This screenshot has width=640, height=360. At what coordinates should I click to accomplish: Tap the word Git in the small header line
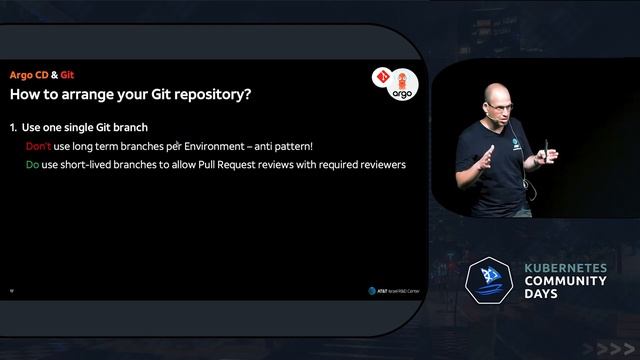(67, 75)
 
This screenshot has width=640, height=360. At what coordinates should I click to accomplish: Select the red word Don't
(38, 146)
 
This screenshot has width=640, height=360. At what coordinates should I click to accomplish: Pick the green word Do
(32, 164)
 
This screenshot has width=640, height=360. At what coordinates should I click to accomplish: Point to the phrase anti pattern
(282, 146)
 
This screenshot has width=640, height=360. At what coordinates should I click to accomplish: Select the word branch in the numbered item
(128, 128)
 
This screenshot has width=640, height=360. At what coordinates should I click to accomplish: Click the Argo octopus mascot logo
(401, 83)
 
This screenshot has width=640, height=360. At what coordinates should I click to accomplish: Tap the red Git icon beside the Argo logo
(380, 76)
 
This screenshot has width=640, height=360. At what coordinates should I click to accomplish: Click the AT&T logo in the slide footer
(372, 291)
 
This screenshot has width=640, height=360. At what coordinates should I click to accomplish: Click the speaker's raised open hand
(486, 158)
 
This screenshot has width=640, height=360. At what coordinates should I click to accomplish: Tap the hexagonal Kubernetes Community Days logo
(490, 284)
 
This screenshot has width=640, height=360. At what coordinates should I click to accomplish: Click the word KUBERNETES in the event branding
(566, 269)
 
